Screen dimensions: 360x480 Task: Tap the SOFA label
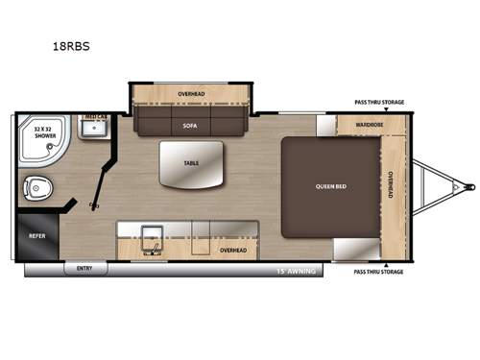(189, 125)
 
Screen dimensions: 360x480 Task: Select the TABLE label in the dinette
(192, 163)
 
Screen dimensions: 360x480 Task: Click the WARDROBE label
(370, 125)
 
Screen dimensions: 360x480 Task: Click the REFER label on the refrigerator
(36, 233)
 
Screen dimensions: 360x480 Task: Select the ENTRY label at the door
(85, 270)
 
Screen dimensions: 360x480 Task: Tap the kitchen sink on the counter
(152, 235)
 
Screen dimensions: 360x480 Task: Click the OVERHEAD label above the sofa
(192, 94)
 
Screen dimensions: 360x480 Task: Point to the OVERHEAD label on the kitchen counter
(233, 250)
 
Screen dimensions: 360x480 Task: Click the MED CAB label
(94, 117)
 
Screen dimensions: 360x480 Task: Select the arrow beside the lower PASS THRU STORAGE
(382, 262)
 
